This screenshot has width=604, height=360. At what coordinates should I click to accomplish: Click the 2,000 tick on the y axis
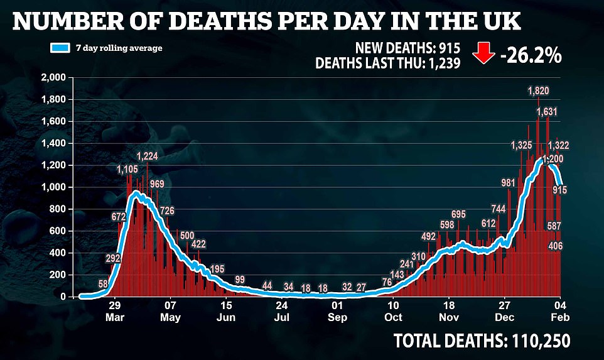click(55, 78)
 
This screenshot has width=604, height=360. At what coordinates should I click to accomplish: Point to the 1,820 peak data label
click(538, 91)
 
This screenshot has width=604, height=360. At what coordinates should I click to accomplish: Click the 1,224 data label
click(151, 156)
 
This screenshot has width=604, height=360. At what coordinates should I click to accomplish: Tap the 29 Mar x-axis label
click(114, 312)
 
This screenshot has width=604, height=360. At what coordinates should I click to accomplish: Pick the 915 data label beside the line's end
click(561, 190)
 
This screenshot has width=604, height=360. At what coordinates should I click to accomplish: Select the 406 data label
click(555, 246)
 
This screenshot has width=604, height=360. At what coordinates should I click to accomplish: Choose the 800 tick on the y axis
click(58, 209)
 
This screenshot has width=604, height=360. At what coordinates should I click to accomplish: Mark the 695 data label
click(458, 215)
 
